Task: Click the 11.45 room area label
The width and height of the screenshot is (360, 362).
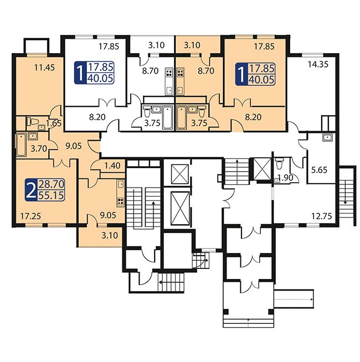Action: coord(45,68)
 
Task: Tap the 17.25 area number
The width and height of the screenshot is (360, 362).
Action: coord(30,216)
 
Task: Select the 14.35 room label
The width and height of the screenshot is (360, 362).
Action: coord(318,64)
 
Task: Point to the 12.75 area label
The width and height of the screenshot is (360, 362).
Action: coord(321,216)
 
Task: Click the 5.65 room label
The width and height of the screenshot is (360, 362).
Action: coord(319,170)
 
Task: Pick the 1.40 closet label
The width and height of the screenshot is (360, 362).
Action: coord(112,166)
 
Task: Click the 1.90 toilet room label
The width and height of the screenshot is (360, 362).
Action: coord(285,178)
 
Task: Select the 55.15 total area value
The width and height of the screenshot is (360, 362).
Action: coord(51,195)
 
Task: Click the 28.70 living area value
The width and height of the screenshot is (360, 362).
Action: coord(51,184)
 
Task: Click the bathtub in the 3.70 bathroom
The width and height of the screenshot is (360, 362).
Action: coord(21,145)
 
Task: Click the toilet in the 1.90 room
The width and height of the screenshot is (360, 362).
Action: coord(280,163)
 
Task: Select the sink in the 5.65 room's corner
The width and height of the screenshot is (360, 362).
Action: coord(328,138)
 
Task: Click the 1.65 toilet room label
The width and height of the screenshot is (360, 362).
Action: coord(54,123)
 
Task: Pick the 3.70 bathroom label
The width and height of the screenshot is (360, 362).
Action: coord(39,148)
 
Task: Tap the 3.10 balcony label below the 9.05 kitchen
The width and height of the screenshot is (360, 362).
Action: coord(110,235)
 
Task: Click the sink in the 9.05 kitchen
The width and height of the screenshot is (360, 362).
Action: coord(120,184)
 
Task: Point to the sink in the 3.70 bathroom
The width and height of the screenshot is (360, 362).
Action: coord(32,136)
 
